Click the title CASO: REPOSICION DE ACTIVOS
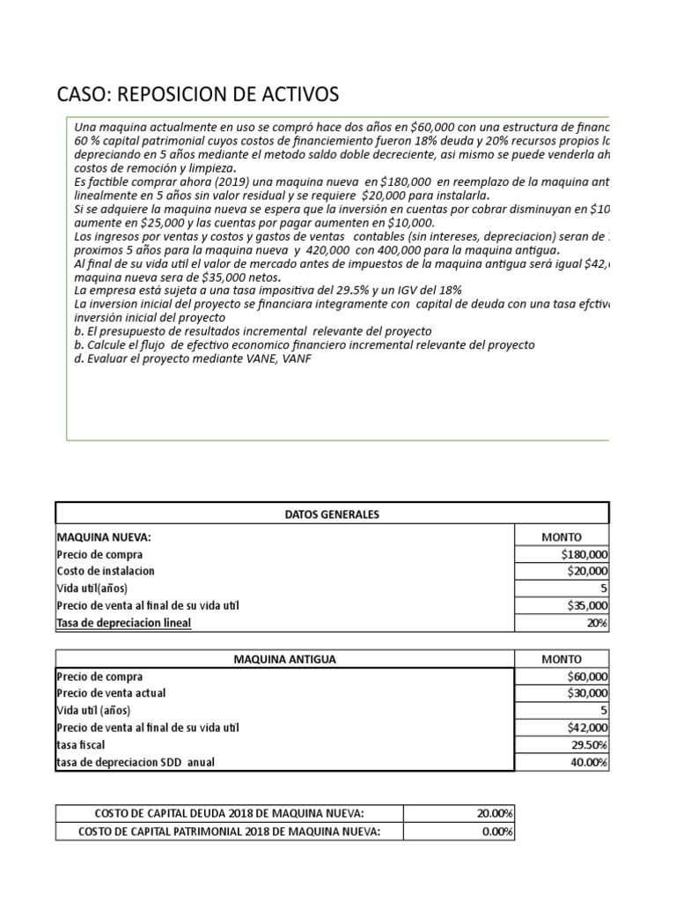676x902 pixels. (x=197, y=94)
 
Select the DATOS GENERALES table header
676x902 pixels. (x=332, y=514)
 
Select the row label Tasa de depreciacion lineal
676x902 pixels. (x=123, y=623)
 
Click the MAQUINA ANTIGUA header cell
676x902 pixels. (x=283, y=659)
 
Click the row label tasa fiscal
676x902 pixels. (x=81, y=745)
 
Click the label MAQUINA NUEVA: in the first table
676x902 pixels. (x=98, y=537)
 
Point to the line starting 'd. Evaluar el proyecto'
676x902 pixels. (x=193, y=359)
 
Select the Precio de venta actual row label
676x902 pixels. (x=110, y=693)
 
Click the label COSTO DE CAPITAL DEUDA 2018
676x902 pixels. (x=229, y=814)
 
